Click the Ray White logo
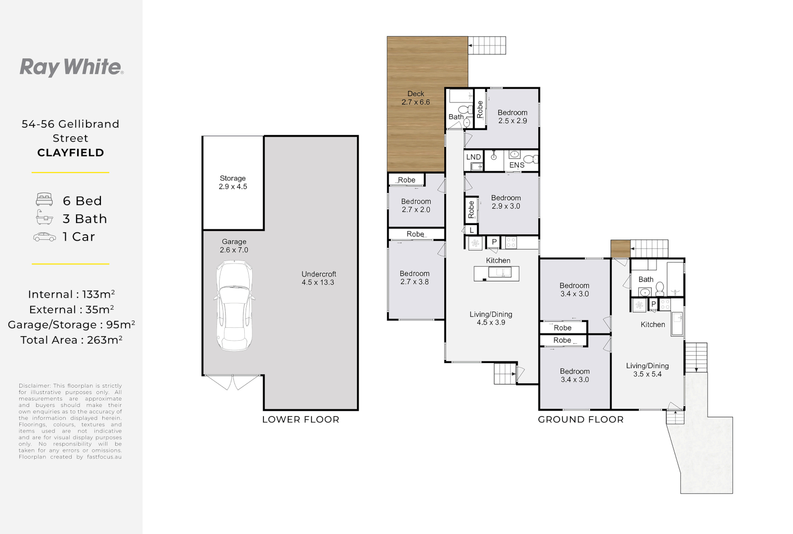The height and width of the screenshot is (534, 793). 72,67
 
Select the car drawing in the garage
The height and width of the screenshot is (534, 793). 234,306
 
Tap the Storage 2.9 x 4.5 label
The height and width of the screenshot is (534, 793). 232,182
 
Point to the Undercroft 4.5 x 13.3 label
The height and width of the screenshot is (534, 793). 318,278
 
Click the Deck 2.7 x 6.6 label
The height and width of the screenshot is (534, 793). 416,98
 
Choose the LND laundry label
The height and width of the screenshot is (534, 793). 473,157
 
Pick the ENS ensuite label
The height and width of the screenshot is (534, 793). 517,165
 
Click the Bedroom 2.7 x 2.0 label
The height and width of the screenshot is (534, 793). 416,205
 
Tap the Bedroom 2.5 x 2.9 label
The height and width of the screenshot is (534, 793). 513,117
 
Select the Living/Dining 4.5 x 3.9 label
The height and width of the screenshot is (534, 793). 490,318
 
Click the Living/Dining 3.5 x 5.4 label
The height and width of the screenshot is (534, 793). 647,370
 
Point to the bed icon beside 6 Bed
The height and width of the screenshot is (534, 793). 44,199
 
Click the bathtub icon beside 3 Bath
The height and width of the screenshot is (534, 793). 44,217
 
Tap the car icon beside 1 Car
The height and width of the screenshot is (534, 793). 44,237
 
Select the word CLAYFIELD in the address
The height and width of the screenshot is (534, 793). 70,153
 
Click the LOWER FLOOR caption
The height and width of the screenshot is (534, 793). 301,420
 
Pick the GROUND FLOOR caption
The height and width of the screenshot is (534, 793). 580,420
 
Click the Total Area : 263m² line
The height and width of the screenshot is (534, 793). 72,340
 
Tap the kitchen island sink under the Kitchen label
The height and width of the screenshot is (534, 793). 499,272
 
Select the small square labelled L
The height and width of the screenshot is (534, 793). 471,230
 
